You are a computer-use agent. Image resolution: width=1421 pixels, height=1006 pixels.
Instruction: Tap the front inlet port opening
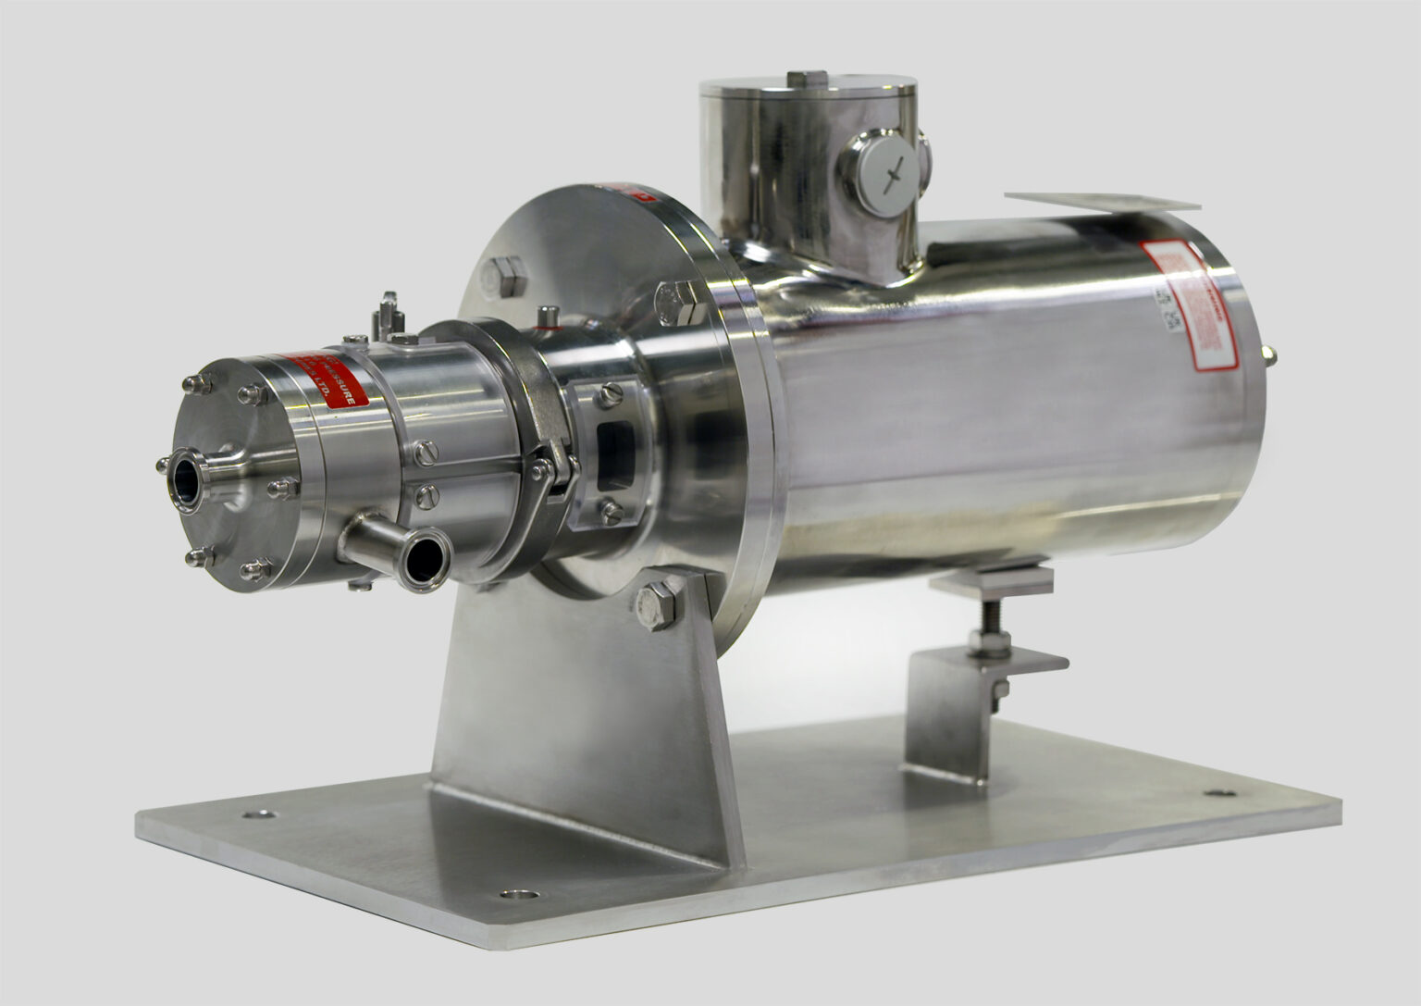coord(186,481)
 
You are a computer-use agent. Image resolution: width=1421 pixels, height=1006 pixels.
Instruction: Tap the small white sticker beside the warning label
coord(1162,310)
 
